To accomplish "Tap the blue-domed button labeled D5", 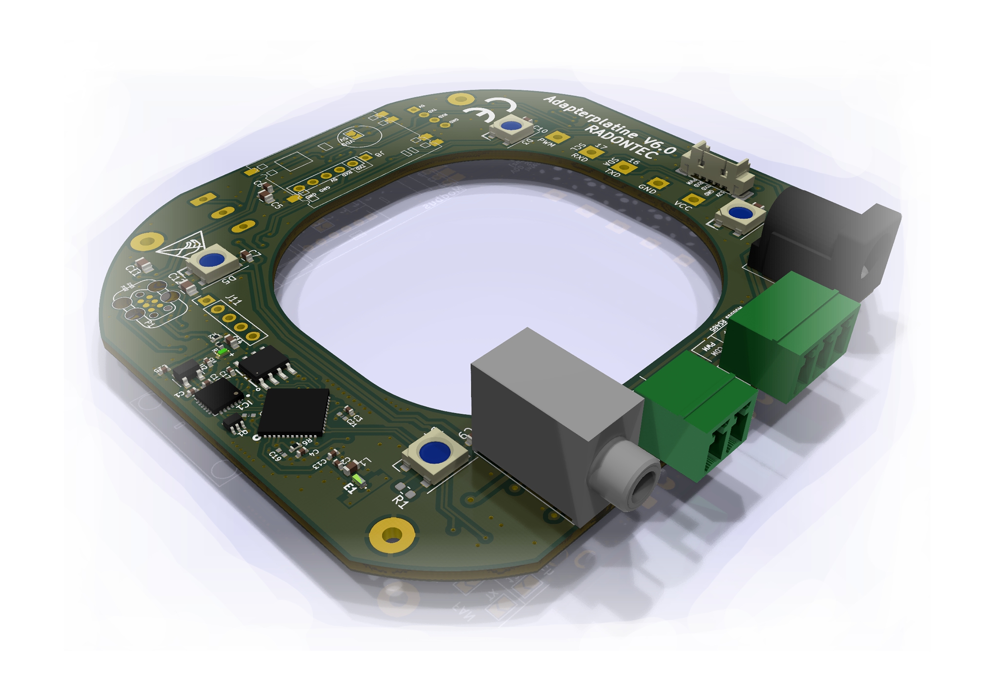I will click(212, 260).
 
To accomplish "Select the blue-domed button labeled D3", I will click(511, 126).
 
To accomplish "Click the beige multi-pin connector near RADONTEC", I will click(717, 171).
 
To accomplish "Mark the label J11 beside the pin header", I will click(234, 300).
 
